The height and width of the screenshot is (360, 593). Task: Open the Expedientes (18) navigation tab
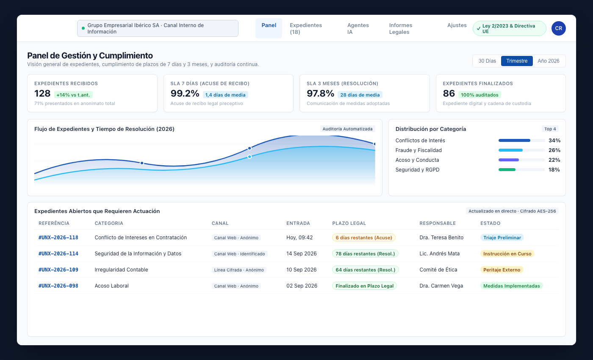tap(306, 29)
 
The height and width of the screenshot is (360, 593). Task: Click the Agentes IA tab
tap(358, 29)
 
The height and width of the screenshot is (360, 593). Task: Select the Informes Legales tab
tap(401, 29)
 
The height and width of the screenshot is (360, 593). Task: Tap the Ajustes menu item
tap(457, 25)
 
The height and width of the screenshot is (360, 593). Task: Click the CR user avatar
tap(559, 28)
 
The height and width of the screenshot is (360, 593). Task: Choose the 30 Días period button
tap(487, 61)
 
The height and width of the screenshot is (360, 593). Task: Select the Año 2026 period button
tap(549, 61)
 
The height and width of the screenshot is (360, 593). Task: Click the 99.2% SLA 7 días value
tap(185, 94)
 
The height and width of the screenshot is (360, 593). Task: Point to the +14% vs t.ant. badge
tap(73, 95)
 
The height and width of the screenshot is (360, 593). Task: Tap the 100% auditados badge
tap(479, 95)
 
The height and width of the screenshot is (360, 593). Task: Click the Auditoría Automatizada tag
tap(347, 129)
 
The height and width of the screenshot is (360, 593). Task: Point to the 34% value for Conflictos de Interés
tap(554, 141)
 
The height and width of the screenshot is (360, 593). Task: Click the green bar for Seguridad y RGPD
tap(507, 170)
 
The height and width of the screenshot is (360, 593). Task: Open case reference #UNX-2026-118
tap(58, 238)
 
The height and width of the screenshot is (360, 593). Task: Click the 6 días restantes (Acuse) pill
tap(364, 238)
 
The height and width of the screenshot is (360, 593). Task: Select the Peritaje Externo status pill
tap(502, 270)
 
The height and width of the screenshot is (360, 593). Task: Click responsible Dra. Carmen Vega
tap(441, 286)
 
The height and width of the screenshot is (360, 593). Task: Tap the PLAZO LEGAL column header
tap(349, 223)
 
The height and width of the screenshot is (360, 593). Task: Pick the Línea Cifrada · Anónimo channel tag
tap(239, 270)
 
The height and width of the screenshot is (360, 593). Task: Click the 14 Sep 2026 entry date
tap(302, 254)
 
